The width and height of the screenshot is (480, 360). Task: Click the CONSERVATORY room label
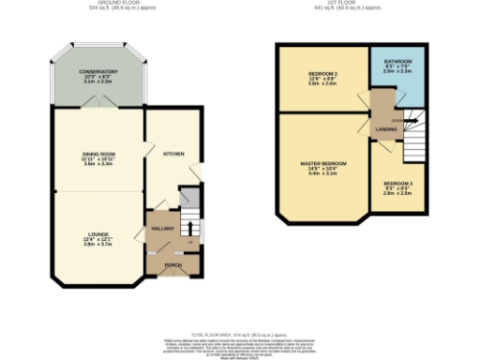click(98, 71)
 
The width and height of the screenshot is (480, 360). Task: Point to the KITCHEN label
click(172, 153)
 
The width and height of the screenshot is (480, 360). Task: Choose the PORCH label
click(172, 265)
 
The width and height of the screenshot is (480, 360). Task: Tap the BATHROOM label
click(397, 60)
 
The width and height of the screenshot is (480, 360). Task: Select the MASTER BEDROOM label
click(322, 163)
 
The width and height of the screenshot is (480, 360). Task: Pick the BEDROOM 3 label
click(397, 182)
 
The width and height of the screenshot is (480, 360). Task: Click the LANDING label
click(385, 129)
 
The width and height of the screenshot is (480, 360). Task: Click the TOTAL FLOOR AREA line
click(239, 333)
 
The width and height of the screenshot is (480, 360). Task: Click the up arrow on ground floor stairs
click(190, 243)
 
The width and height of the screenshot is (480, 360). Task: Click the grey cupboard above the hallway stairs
click(190, 199)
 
